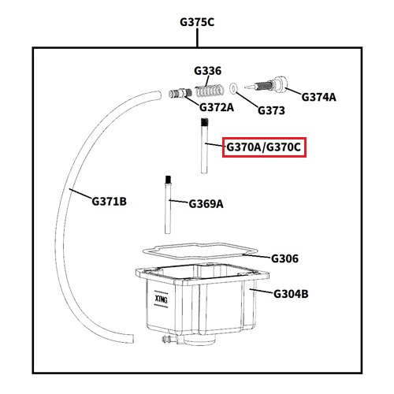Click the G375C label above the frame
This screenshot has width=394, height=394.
click(197, 22)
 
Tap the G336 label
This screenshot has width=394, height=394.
click(207, 71)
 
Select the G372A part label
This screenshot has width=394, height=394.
click(217, 107)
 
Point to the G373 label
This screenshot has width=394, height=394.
click(271, 110)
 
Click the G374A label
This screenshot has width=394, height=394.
click(318, 97)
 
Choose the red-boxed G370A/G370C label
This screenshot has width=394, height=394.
click(264, 147)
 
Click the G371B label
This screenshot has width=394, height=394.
click(109, 202)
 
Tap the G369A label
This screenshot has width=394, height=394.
click(206, 204)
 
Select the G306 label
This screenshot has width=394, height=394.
click(284, 258)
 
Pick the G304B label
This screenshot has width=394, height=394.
click(291, 294)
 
